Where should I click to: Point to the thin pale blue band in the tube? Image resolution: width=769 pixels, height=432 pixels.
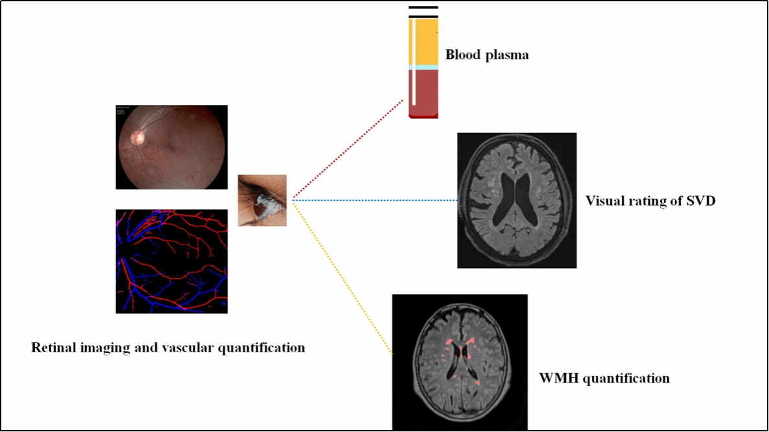(x=423, y=67)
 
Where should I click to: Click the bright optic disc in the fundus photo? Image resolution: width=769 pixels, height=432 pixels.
(x=137, y=138)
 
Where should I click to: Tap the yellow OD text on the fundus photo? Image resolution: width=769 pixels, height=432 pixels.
(x=121, y=112)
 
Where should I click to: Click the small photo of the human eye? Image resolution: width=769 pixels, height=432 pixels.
(x=262, y=200)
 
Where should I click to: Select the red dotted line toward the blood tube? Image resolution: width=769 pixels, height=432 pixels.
(x=350, y=149)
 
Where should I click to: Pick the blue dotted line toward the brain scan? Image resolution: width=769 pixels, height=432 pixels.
(x=376, y=200)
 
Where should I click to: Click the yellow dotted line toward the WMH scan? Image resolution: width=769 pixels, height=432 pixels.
(x=344, y=279)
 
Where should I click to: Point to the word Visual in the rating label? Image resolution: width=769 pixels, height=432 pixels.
(x=604, y=201)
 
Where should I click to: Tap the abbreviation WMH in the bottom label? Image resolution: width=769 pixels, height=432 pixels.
(x=556, y=378)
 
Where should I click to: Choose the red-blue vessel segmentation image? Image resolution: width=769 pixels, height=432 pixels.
(x=171, y=261)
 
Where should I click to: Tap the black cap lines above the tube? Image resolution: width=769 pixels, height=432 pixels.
(x=423, y=12)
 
